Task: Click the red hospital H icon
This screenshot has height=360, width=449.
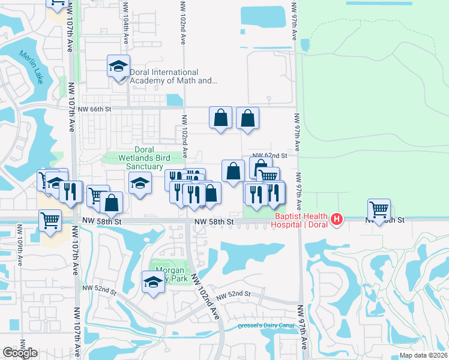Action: click(x=337, y=220)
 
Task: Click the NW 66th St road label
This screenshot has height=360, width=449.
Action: click(x=95, y=109)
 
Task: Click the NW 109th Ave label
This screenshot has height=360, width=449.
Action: click(x=20, y=243)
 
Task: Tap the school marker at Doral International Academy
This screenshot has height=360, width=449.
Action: click(x=119, y=66)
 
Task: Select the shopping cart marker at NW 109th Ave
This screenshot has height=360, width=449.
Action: click(x=50, y=220)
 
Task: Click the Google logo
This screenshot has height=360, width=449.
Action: click(x=20, y=353)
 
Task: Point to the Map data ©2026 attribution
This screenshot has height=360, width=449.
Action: click(x=423, y=355)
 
